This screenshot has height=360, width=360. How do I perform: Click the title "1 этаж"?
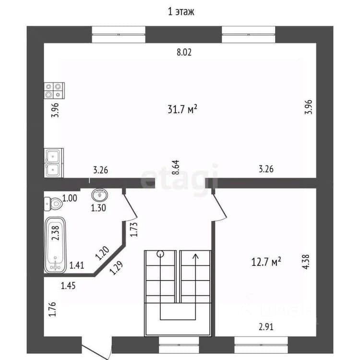(181, 12)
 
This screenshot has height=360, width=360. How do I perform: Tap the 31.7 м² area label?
(182, 109)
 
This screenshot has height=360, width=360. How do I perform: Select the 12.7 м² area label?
(266, 262)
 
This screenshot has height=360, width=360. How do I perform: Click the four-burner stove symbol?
(54, 90)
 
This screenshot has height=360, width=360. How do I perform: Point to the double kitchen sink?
(54, 163)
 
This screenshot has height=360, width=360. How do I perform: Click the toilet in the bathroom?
(53, 204)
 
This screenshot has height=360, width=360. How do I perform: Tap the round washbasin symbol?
(100, 195)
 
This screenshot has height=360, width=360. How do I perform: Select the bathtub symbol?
(55, 245)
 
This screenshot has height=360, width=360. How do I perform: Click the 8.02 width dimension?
(184, 52)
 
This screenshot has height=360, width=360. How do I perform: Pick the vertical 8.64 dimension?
(176, 168)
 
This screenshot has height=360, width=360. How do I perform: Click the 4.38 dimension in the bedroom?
(306, 262)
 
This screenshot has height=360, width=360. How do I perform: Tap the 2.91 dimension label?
(266, 327)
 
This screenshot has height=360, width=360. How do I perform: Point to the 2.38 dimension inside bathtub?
(55, 233)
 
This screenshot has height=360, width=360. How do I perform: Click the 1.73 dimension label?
(133, 229)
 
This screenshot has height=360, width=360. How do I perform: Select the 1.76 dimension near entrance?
(52, 309)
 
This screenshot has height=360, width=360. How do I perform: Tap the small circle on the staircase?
(160, 254)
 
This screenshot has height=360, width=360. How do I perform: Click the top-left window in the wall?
(119, 35)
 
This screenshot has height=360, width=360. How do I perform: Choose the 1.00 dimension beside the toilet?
(70, 198)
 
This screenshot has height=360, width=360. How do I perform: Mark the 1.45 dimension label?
(68, 286)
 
